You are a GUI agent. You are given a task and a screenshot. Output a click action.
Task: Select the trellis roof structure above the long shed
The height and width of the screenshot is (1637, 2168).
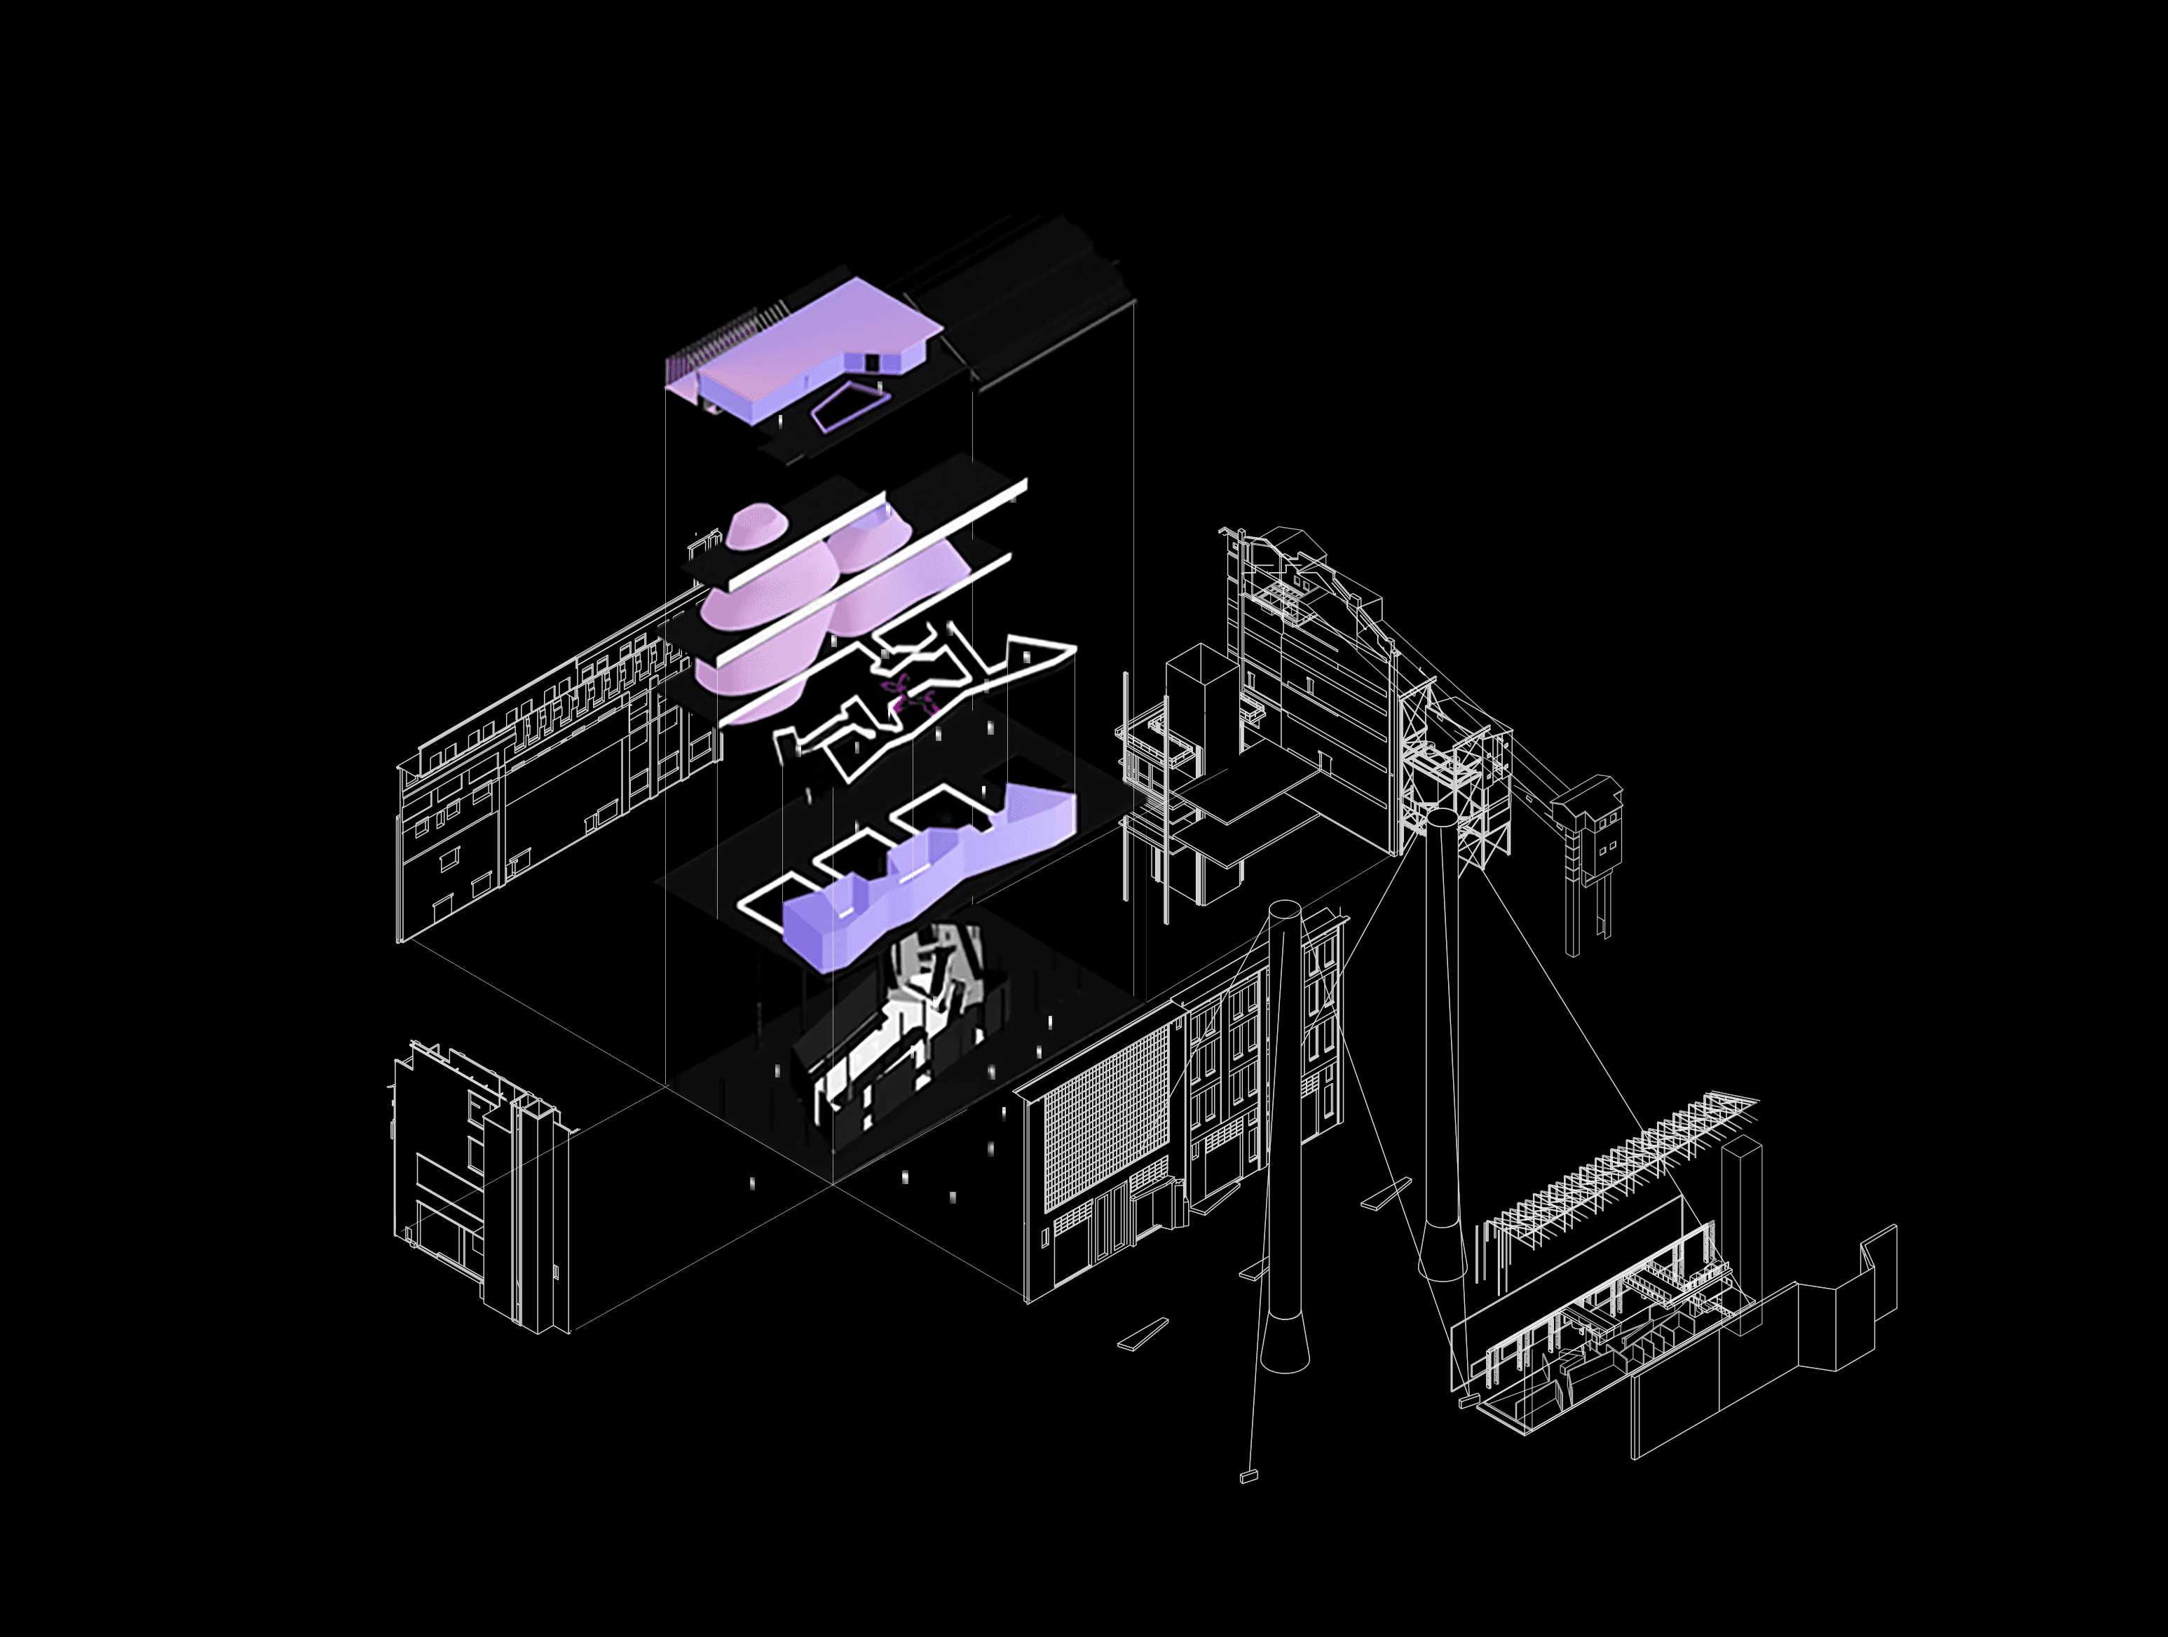pyautogui.click(x=1617, y=1167)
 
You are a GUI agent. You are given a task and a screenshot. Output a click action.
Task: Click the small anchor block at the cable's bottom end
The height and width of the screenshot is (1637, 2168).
pyautogui.click(x=1248, y=1476)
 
